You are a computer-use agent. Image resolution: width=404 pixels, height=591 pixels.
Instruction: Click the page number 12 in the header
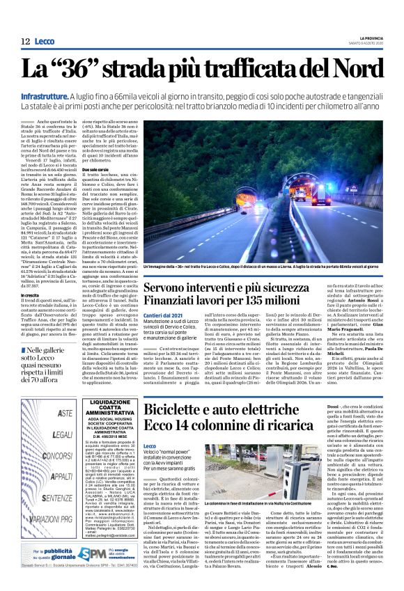tap(25, 41)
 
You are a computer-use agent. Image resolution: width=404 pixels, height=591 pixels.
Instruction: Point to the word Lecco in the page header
tap(44, 42)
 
